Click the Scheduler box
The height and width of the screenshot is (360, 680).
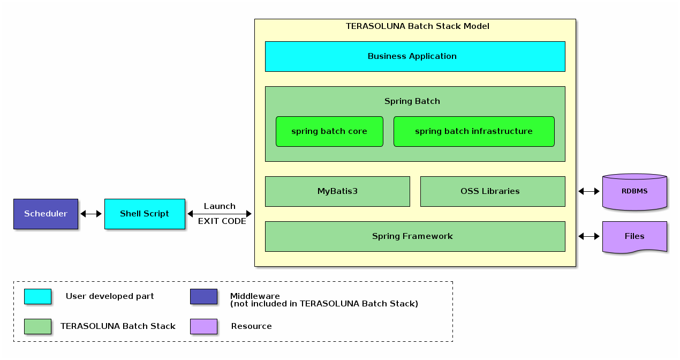tap(46, 214)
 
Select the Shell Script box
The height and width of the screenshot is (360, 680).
tap(145, 214)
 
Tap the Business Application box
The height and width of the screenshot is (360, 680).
tap(415, 56)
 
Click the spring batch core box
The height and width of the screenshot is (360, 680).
tap(329, 131)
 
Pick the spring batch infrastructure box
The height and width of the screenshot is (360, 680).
tap(474, 131)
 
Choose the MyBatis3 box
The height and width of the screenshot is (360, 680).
tap(337, 191)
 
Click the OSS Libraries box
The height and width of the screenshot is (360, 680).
tap(493, 191)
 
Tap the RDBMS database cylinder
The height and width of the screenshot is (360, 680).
tap(634, 191)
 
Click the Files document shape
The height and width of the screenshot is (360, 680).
tap(634, 236)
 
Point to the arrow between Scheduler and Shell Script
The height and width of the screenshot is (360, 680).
tap(91, 214)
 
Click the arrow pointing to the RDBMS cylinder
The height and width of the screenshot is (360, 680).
tap(589, 191)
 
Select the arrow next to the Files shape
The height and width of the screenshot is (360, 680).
tap(589, 236)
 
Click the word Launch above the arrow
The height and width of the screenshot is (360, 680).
tap(220, 206)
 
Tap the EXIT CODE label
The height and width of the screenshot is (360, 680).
tap(222, 221)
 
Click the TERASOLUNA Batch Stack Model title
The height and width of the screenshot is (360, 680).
tap(417, 26)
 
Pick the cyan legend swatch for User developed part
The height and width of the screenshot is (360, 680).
tap(37, 296)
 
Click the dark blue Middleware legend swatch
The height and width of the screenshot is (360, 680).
tap(203, 296)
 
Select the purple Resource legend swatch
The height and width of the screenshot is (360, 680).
tap(203, 326)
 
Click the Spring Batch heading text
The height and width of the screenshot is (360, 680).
tap(412, 101)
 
